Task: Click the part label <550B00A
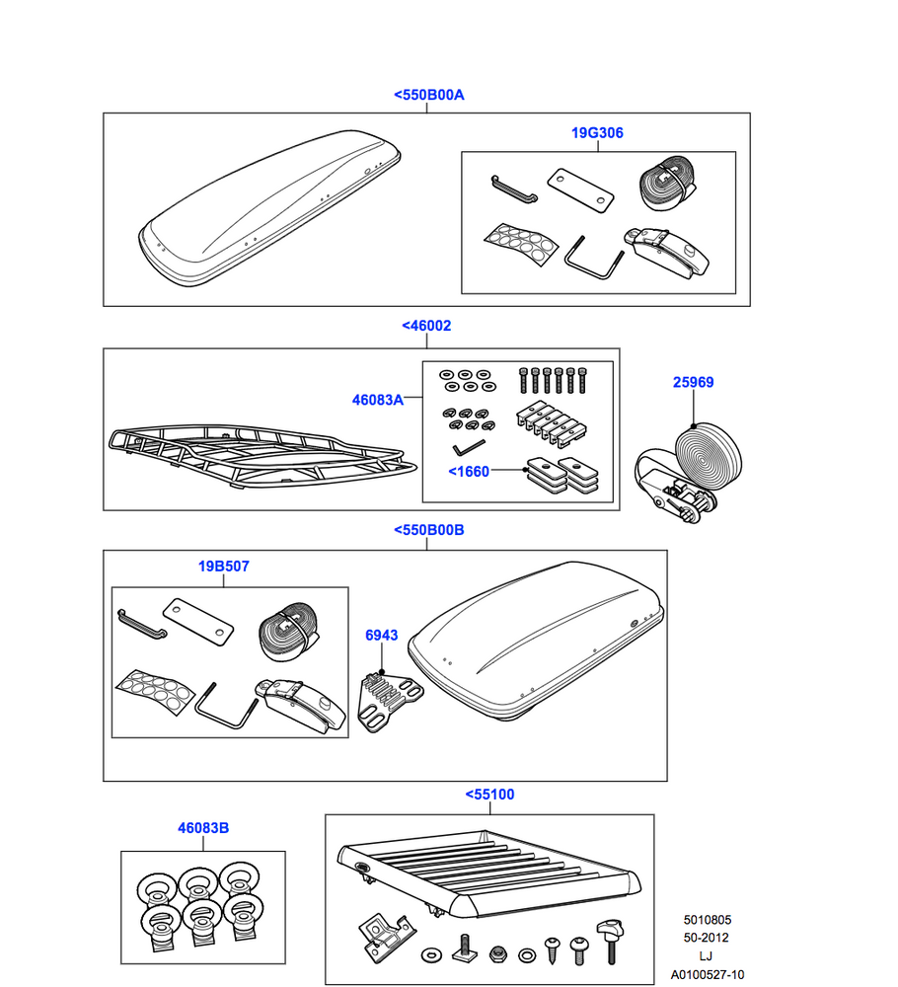tap(428, 95)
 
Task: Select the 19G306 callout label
tap(597, 132)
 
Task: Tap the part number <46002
tap(426, 325)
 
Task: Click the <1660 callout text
tap(469, 472)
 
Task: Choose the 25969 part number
tap(693, 382)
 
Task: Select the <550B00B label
tap(428, 530)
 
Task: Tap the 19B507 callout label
tap(223, 567)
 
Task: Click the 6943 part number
tap(381, 635)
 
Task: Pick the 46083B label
tap(203, 828)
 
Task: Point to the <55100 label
tap(488, 794)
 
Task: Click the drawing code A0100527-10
tap(709, 975)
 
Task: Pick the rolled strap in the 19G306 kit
tap(665, 185)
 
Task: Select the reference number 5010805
tap(708, 920)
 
